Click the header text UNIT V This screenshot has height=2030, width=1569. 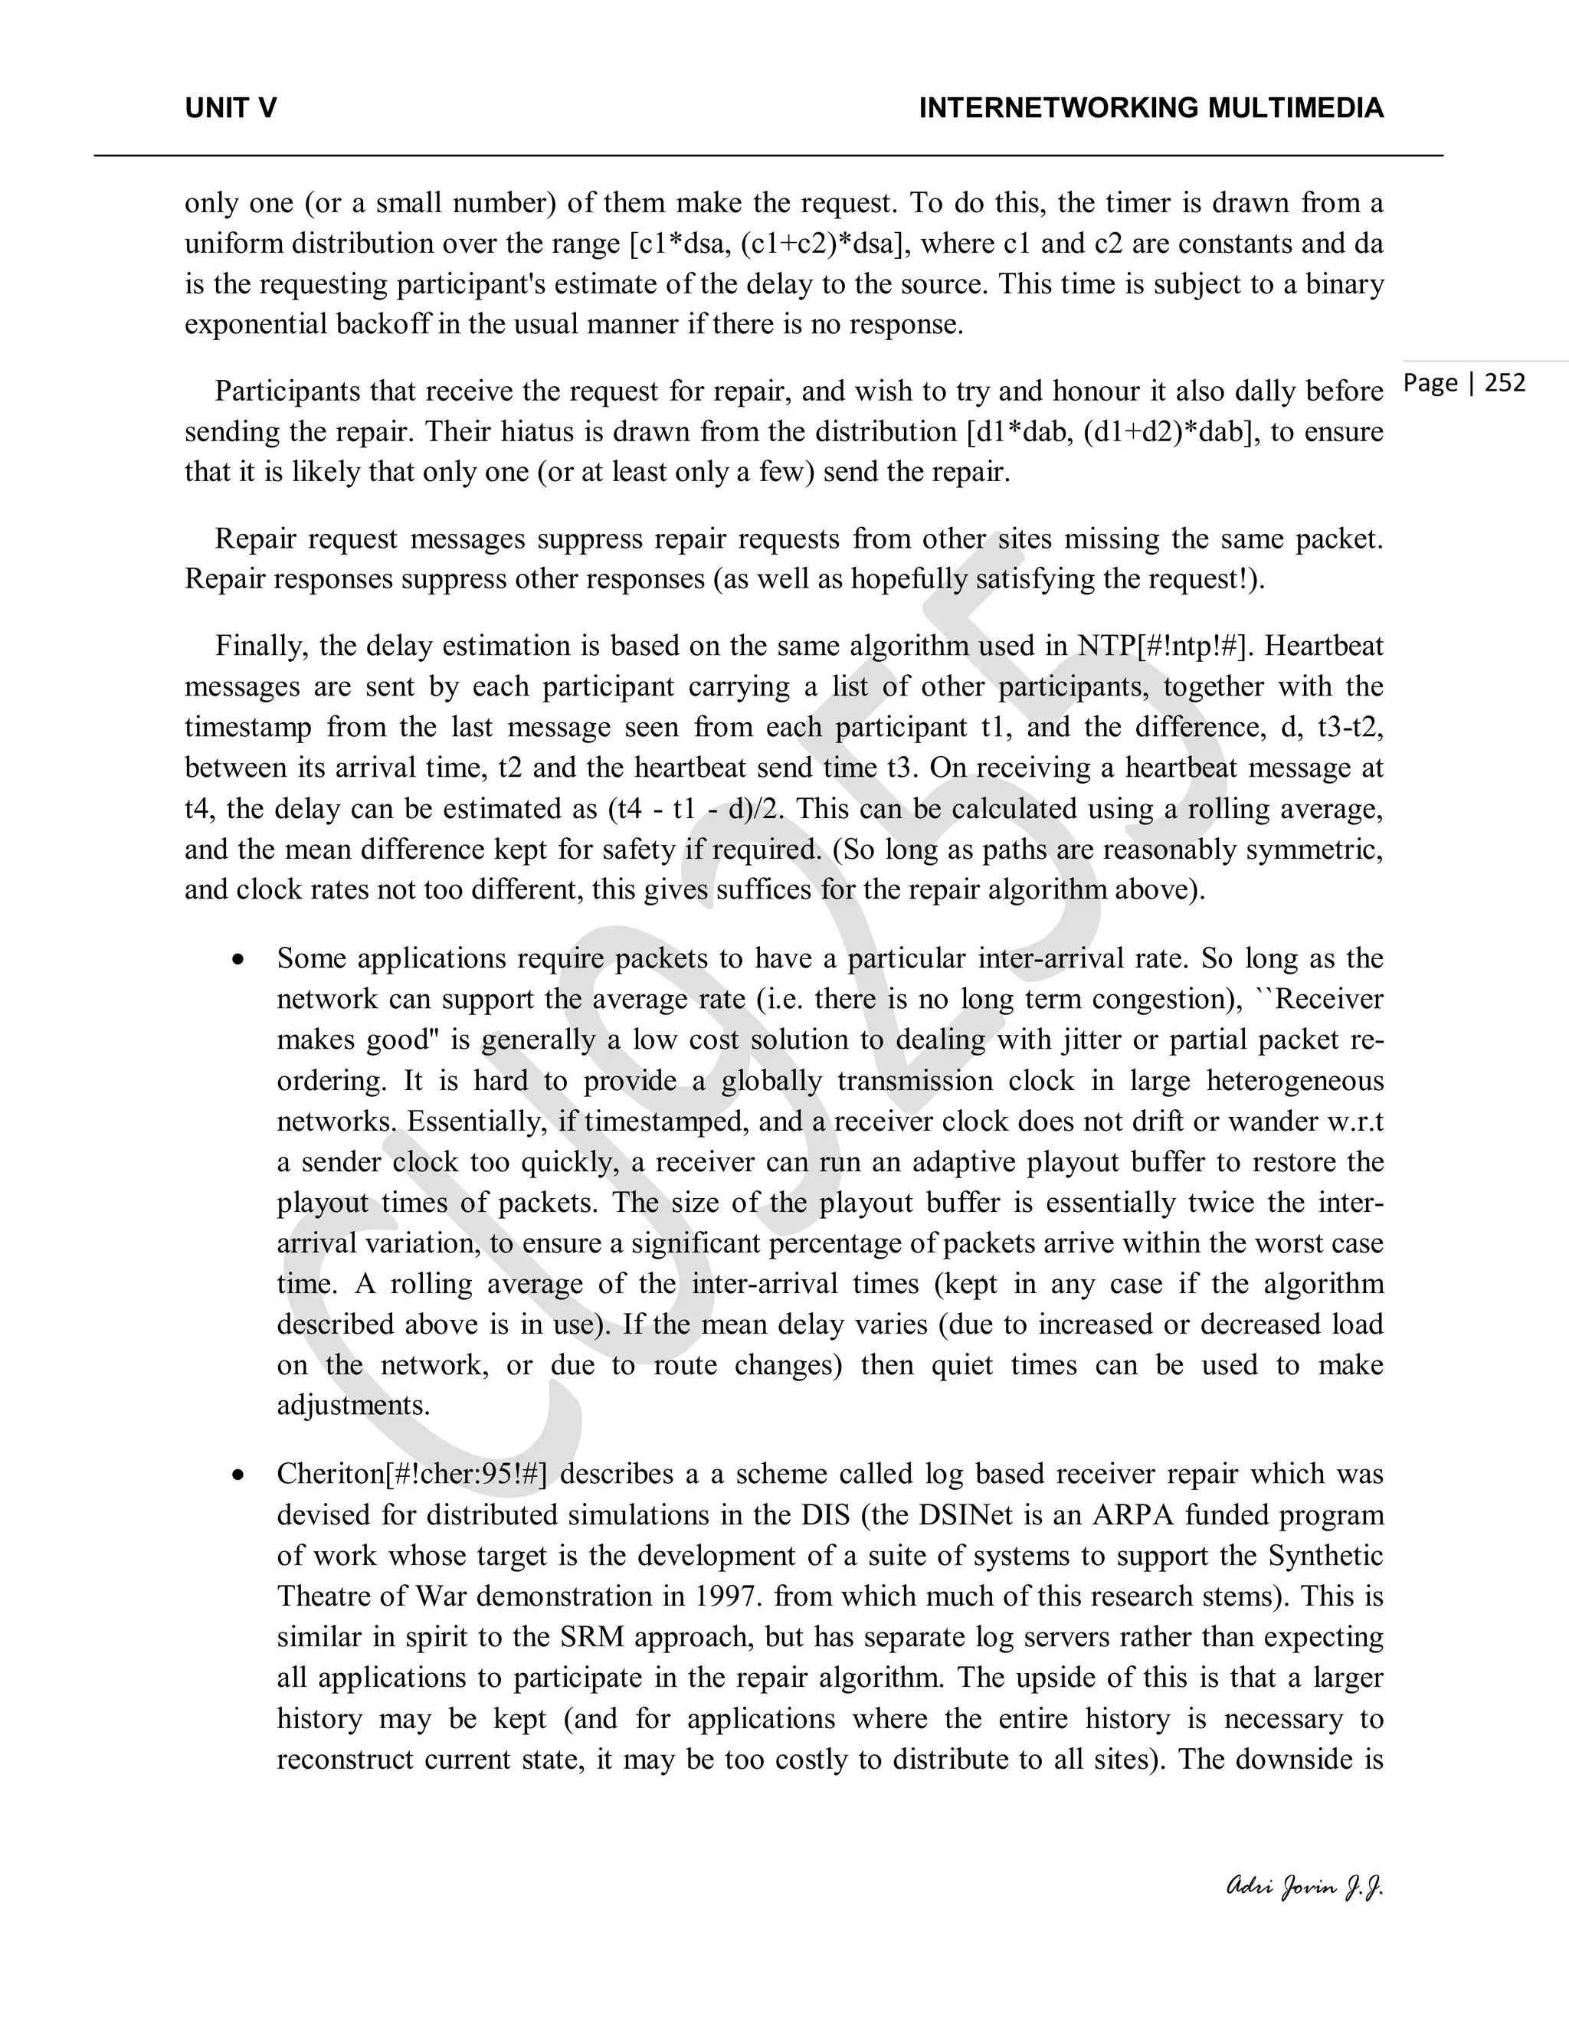tap(231, 109)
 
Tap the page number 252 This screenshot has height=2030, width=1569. tap(1505, 383)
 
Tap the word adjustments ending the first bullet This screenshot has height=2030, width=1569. tap(352, 1406)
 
